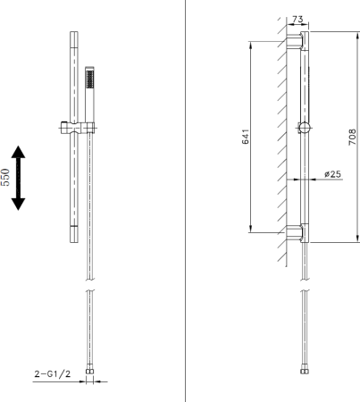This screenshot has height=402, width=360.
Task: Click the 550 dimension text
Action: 7,179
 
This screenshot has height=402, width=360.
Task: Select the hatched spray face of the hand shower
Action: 88,79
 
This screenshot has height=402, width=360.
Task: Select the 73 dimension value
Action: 297,20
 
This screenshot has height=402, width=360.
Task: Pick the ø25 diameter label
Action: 333,174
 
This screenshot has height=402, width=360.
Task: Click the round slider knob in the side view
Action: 306,127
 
